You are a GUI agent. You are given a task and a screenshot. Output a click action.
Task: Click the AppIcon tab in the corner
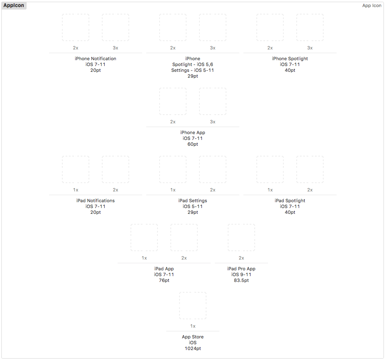tap(14, 5)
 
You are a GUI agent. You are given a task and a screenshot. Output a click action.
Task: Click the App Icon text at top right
tap(371, 5)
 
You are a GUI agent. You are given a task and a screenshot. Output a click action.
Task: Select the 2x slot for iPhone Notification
tap(76, 27)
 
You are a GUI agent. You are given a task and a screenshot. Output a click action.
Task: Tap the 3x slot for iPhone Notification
tap(116, 27)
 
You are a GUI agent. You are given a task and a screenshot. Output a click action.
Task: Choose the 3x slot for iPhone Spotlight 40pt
tap(310, 27)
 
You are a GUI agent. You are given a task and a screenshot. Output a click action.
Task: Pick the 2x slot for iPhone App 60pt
tap(173, 101)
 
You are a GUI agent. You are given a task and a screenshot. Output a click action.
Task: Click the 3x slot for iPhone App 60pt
tap(213, 101)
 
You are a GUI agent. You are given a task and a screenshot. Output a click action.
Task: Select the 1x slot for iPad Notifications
tap(76, 169)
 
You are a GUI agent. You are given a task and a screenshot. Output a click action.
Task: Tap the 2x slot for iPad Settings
tap(213, 169)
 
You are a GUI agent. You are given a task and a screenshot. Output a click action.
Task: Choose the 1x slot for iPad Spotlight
tap(270, 169)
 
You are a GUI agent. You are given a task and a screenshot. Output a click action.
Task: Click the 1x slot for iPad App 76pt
tap(144, 238)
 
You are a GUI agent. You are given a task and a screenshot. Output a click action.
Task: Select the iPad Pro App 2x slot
tap(241, 238)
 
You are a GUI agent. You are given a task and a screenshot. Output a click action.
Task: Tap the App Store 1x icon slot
tap(193, 306)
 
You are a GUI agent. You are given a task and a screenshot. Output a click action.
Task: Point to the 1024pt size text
tap(193, 348)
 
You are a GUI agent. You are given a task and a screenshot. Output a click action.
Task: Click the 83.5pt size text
tap(241, 280)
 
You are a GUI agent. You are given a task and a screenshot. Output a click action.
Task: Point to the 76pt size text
tap(164, 280)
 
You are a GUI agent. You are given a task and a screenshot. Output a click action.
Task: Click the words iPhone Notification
tap(96, 59)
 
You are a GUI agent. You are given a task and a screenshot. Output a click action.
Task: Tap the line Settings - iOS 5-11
tap(192, 70)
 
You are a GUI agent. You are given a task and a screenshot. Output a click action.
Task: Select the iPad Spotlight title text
tap(290, 201)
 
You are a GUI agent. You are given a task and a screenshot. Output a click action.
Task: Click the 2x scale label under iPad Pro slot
tap(241, 258)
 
